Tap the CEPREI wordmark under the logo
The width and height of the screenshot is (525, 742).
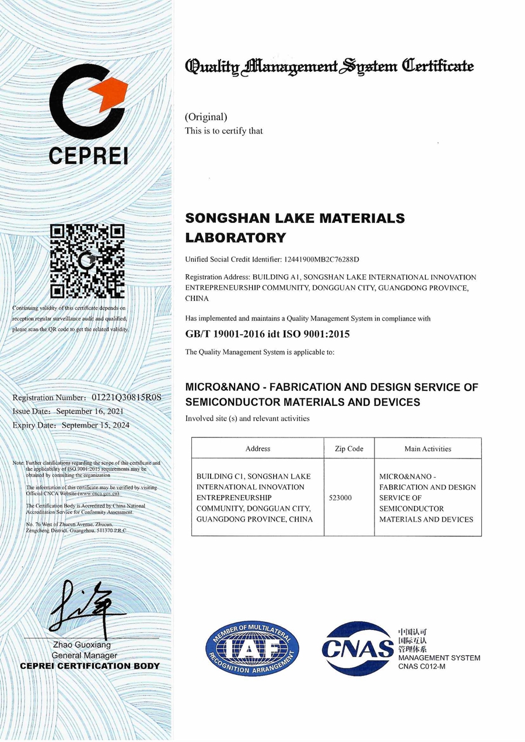pyautogui.click(x=87, y=156)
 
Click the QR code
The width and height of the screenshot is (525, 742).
pyautogui.click(x=87, y=261)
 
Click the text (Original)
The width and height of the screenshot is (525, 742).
pyautogui.click(x=206, y=117)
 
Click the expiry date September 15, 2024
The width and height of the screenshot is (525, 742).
pyautogui.click(x=96, y=425)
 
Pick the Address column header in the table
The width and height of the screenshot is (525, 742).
pyautogui.click(x=258, y=449)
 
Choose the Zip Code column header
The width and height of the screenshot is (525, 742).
pyautogui.click(x=349, y=449)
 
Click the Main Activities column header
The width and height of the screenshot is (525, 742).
pyautogui.click(x=428, y=449)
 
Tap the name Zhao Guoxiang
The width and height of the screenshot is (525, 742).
pyautogui.click(x=82, y=646)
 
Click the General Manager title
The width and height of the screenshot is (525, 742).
pyautogui.click(x=85, y=656)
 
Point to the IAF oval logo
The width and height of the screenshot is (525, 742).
pyautogui.click(x=252, y=649)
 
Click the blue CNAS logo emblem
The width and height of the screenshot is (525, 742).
pyautogui.click(x=358, y=647)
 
